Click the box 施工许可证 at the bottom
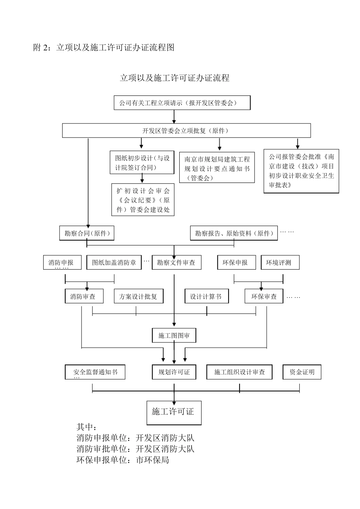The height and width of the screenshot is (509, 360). coord(174,412)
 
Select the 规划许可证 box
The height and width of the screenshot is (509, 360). coord(174,372)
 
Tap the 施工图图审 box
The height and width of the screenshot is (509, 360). coord(174,335)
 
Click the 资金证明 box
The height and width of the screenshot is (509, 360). coord(302,372)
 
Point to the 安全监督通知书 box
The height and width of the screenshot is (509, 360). coord(94,372)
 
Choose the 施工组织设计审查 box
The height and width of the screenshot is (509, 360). coord(239,372)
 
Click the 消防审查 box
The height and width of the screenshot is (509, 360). coord(83,296)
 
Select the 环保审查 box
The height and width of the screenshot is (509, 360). coord(264,296)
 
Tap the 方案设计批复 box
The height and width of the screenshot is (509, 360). coord(138,296)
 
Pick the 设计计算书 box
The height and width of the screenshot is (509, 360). coord(206,296)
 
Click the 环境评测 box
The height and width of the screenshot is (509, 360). coord(280,262)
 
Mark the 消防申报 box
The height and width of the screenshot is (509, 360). coord(62,262)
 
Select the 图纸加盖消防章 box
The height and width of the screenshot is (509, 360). coord(114,262)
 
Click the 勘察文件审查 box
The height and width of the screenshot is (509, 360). coord(176,262)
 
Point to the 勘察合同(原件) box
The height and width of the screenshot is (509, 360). coord(87,233)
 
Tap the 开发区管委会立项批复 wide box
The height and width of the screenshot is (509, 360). coord(186,131)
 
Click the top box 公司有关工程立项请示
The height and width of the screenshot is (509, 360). coord(182,103)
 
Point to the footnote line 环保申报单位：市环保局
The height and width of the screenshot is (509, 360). coord(123,460)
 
